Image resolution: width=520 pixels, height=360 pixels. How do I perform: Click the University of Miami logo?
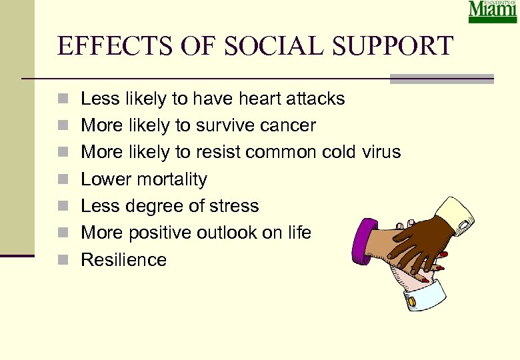tap(492, 12)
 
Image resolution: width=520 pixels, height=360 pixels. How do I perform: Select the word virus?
tap(379, 153)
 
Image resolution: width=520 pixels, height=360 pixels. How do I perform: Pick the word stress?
tap(234, 206)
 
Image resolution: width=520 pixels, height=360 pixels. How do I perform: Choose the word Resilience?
tap(123, 259)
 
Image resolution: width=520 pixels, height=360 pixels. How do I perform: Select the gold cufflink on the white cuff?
tap(411, 301)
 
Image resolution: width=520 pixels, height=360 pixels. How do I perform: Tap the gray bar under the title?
tap(441, 79)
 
